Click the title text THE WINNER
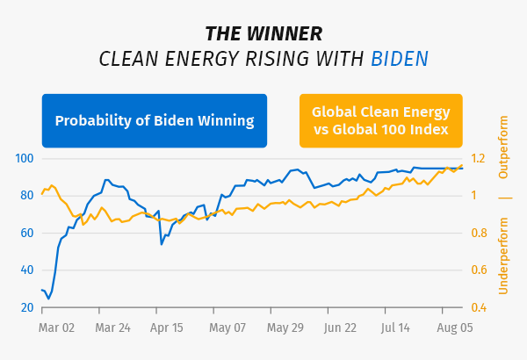tap(263, 33)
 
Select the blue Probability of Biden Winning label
tap(155, 120)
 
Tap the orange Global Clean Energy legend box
tap(380, 120)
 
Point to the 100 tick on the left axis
tap(24, 158)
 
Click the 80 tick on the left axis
tap(26, 196)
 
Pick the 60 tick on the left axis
tap(26, 233)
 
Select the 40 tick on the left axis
tap(26, 270)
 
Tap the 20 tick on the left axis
tap(26, 307)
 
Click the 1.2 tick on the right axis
tap(479, 158)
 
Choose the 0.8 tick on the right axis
tap(479, 233)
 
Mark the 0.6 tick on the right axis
tap(479, 270)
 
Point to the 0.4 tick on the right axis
tap(479, 307)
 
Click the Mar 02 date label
tap(58, 328)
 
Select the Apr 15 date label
tap(167, 328)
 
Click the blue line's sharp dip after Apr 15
tap(162, 243)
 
